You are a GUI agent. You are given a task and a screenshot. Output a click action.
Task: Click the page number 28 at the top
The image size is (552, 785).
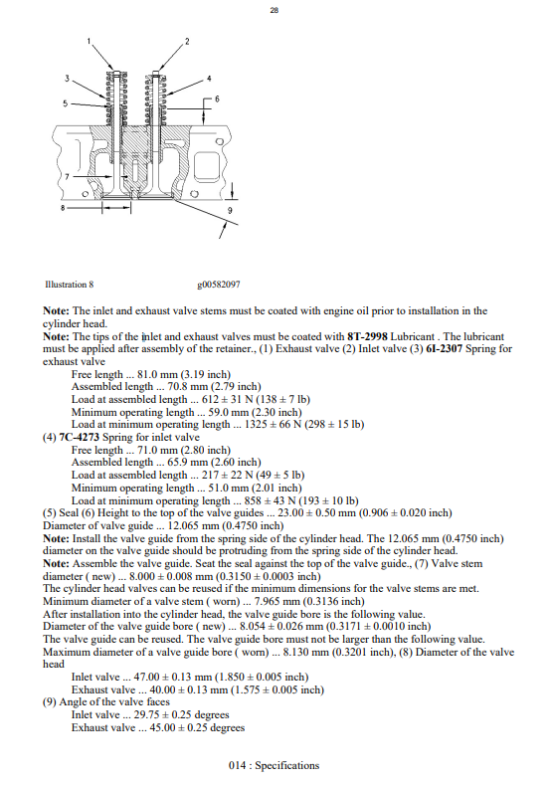275,12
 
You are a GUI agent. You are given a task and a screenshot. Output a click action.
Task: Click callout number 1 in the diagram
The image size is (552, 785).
90,40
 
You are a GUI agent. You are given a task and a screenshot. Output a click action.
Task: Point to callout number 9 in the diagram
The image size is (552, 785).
231,212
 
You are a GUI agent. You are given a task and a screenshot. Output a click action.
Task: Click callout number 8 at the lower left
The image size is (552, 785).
61,209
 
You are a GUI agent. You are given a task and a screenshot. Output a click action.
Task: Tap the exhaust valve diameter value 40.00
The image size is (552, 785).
165,690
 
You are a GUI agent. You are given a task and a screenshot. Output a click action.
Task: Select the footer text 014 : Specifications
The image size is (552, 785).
275,765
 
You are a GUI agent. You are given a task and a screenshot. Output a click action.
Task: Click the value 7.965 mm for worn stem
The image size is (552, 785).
257,603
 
